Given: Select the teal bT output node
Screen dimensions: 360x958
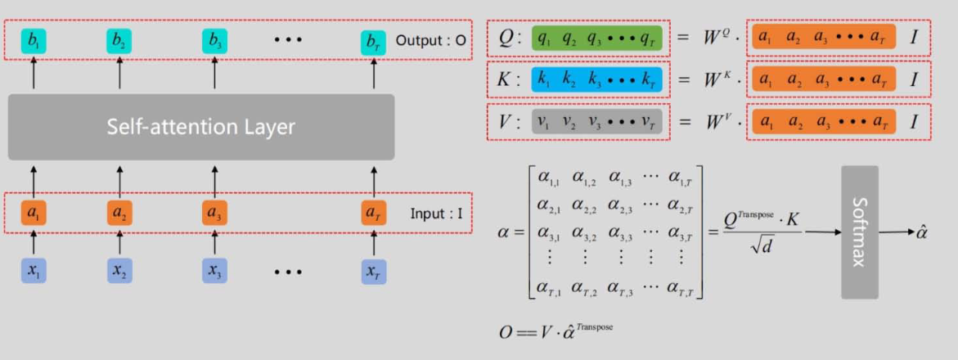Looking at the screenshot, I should [x=373, y=41].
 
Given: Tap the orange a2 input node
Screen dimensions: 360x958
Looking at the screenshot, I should [x=119, y=214].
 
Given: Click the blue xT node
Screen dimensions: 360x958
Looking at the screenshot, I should [x=373, y=272].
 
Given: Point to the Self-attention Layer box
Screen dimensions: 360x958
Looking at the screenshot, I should [x=201, y=127].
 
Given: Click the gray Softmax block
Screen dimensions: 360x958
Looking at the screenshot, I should [x=859, y=232].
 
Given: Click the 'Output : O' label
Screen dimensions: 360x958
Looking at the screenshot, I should [x=431, y=40].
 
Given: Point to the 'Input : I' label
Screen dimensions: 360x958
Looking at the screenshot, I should [x=437, y=214].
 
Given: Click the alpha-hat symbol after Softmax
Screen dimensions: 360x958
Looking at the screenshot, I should [x=922, y=232].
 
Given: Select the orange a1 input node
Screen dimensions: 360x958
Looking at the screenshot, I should [x=34, y=214].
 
